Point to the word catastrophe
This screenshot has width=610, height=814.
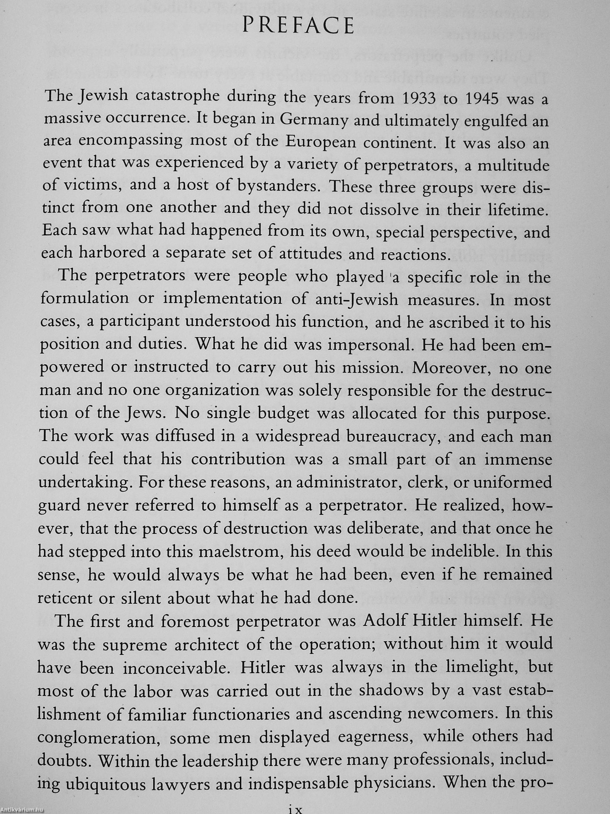pos(172,97)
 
